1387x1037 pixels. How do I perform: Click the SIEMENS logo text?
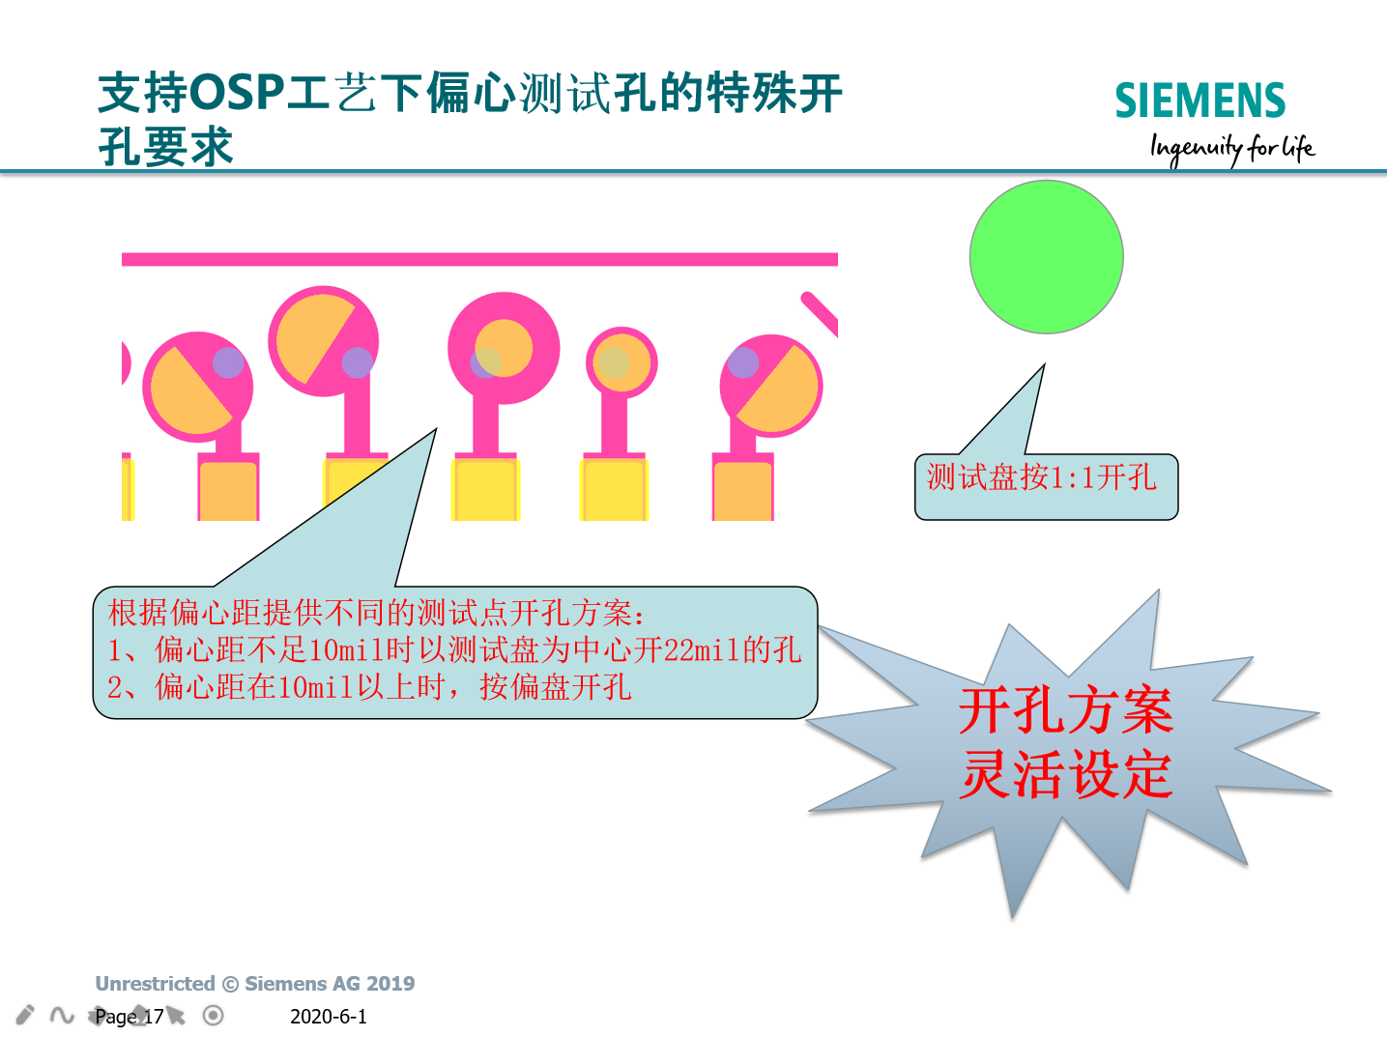pos(1199,101)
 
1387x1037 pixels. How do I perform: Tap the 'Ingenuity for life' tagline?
pos(1232,149)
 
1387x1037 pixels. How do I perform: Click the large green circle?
pos(1047,257)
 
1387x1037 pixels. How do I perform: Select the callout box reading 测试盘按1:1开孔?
pos(1047,486)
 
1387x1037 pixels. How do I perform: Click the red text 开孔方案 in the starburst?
pos(1066,710)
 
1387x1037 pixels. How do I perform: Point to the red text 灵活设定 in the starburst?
pos(1066,774)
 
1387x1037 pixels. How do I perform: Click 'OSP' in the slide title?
pos(237,93)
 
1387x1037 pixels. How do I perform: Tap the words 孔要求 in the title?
pos(165,147)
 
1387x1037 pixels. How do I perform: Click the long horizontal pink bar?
pos(479,260)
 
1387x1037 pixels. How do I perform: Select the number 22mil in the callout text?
pos(702,650)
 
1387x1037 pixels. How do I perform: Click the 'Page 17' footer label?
pos(130,1016)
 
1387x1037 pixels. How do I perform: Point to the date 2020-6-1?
pos(328,1016)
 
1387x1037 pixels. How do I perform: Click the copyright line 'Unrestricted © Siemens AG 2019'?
pos(254,983)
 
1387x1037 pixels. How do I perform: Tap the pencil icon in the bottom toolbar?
pos(24,1015)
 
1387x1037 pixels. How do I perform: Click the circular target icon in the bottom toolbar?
pos(213,1015)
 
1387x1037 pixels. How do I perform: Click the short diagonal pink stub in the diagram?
pos(821,314)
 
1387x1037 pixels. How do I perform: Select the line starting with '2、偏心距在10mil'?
pos(369,687)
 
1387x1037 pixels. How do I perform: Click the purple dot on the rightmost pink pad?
pos(743,362)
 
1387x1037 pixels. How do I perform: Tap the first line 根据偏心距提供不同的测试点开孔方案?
pos(377,613)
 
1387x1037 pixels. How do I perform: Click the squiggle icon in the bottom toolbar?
pos(62,1015)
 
